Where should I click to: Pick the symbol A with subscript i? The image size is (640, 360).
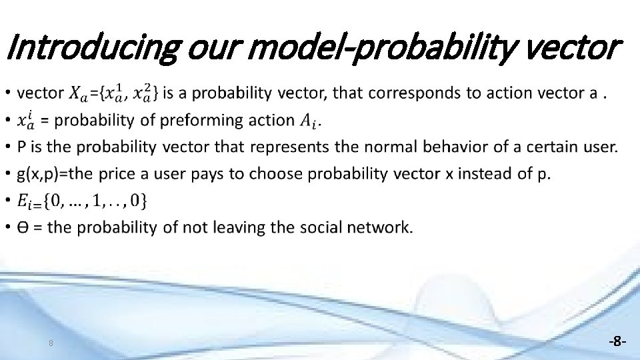pyautogui.click(x=306, y=121)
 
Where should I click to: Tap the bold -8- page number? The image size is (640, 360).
pyautogui.click(x=617, y=341)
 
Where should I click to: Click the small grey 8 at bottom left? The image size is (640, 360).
pyautogui.click(x=51, y=343)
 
